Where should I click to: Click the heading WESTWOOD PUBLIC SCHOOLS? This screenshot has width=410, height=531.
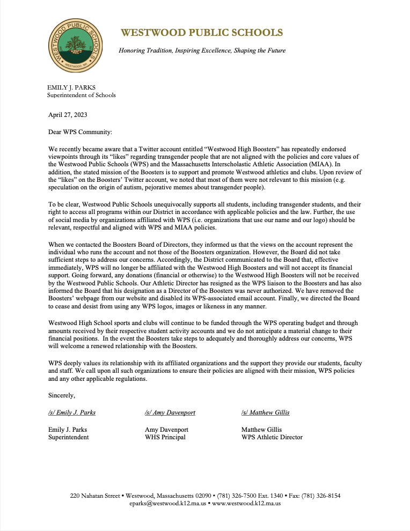click(201, 33)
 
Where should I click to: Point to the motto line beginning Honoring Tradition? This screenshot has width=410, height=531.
click(202, 50)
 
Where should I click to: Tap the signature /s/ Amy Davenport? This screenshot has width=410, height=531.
click(170, 412)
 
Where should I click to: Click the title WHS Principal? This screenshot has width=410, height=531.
click(165, 437)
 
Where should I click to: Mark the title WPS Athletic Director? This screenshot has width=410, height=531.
click(272, 437)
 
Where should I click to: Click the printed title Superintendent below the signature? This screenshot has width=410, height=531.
click(69, 437)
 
